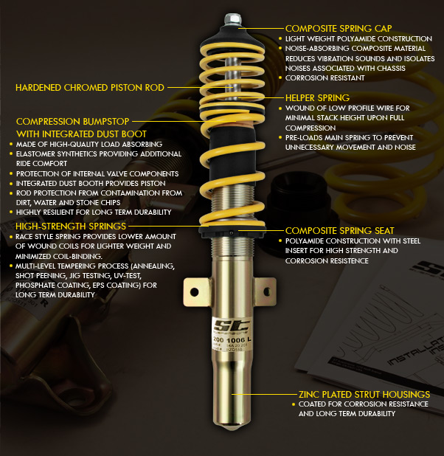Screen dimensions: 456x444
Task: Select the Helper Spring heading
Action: point(317,97)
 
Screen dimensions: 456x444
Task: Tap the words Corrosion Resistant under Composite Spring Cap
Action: point(320,77)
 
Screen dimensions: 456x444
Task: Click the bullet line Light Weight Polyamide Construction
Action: point(358,38)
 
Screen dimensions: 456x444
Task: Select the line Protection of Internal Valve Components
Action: point(92,173)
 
